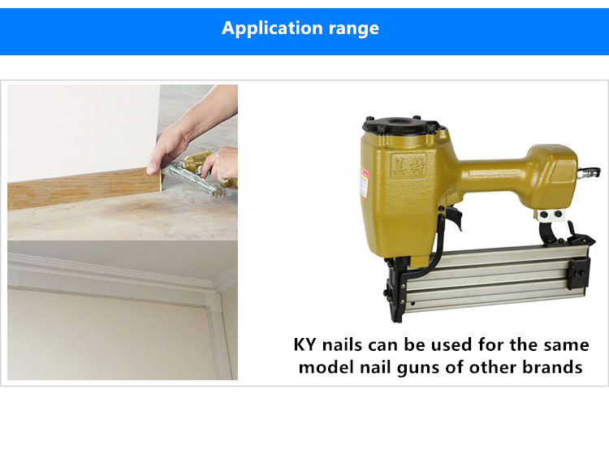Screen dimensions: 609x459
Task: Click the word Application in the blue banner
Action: click(x=272, y=28)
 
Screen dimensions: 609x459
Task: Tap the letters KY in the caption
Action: click(x=304, y=344)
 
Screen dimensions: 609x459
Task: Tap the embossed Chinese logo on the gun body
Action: click(x=408, y=166)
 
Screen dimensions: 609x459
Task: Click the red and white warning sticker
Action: click(x=364, y=182)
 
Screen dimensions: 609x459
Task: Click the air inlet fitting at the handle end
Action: click(x=589, y=172)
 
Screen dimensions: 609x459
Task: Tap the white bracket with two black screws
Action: click(x=549, y=214)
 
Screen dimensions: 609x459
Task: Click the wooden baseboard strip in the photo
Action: click(x=84, y=188)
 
